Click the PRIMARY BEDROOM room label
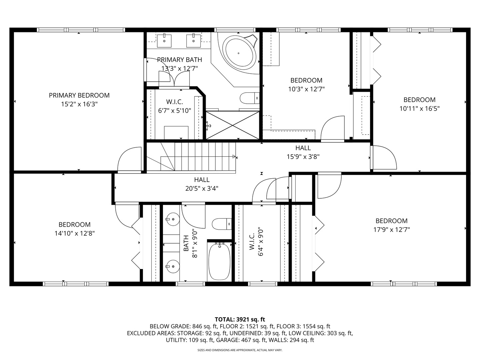pos(79,95)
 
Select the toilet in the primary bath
pos(250,98)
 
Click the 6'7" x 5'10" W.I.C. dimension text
pos(175,111)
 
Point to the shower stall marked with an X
pos(232,125)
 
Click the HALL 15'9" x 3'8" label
pos(303,152)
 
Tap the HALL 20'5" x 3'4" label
pos(202,184)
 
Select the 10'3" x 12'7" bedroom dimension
pos(306,89)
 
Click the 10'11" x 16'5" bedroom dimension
pos(419,109)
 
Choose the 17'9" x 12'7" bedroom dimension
pos(391,230)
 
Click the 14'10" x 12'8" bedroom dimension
pos(75,233)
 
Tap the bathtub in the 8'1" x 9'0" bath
pos(219,261)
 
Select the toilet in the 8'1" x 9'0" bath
pos(222,224)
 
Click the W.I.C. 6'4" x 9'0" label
pos(256,243)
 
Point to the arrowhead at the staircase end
pos(234,157)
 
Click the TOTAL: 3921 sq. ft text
pos(240,319)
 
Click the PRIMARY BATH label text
pos(179,60)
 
